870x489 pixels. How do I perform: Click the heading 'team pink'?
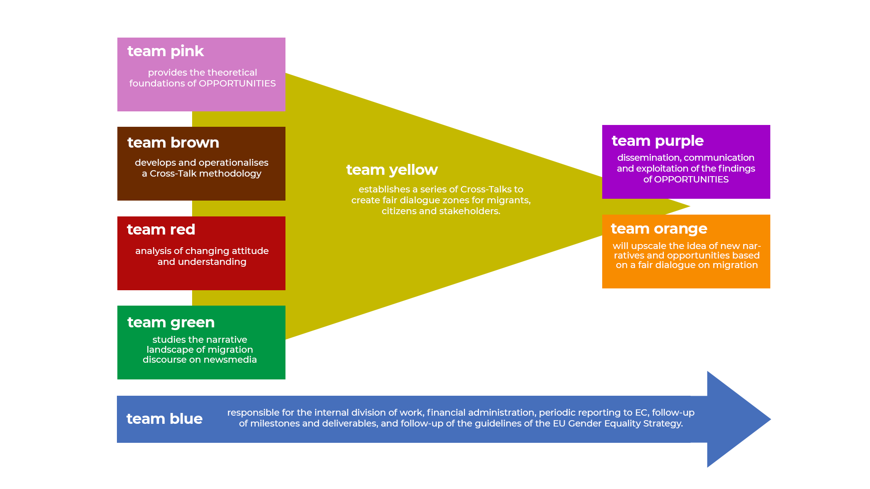tap(165, 51)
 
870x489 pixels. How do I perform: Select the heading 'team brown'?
tap(173, 143)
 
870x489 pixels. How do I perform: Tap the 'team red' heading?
tap(161, 230)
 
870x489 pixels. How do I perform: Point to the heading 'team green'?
tap(171, 322)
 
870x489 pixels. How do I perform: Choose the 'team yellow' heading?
tap(392, 170)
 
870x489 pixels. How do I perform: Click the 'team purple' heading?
tap(657, 141)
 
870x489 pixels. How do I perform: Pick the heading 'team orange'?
tap(659, 229)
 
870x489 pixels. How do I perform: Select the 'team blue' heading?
tap(164, 419)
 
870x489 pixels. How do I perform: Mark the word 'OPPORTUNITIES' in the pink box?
tap(237, 83)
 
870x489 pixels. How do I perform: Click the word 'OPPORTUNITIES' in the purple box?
tap(691, 179)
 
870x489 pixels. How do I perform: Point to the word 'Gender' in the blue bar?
tap(583, 423)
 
